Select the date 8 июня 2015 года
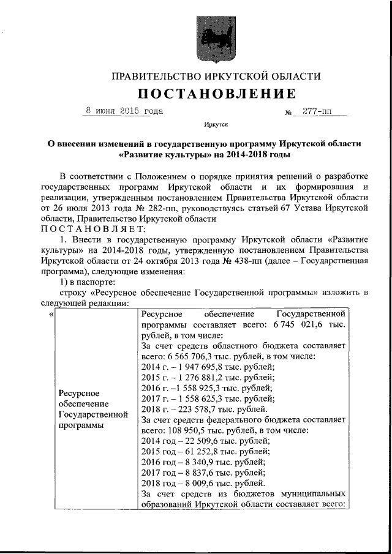coord(124,112)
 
